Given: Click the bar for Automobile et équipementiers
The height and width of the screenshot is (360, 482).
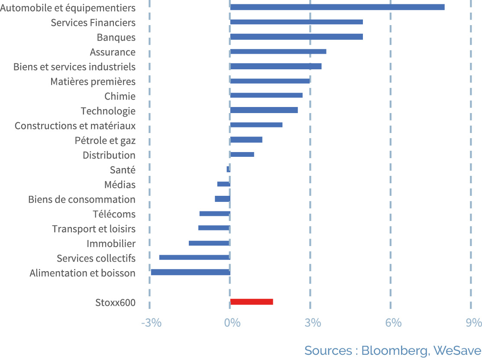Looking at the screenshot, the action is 337,7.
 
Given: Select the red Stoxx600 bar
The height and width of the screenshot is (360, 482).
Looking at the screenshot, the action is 252,302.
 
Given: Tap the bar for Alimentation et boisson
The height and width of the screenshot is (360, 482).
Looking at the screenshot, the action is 191,272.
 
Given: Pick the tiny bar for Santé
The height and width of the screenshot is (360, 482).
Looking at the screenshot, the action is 228,169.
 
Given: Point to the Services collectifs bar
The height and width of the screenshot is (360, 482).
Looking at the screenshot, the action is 194,257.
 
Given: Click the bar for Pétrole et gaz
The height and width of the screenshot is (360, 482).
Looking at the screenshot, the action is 246,139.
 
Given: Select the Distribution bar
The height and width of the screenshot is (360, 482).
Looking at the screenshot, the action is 242,154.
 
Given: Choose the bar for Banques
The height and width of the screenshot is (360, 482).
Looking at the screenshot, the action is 296,36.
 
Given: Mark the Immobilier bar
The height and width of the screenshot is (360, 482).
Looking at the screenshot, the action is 209,243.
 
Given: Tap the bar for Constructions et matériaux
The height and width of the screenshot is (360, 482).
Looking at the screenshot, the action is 256,125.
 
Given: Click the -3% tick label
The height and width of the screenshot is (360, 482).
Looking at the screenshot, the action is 151,323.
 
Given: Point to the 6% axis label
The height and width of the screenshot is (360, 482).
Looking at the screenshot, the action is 394,323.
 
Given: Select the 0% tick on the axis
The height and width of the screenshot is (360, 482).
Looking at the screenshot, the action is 233,323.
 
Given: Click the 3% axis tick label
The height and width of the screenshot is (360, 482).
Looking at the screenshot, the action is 313,323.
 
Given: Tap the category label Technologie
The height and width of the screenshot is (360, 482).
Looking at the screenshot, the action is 108,111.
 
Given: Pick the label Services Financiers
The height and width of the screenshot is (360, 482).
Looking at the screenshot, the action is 93,23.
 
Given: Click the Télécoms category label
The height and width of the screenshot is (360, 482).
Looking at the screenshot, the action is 114,214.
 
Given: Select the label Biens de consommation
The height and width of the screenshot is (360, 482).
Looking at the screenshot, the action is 82,199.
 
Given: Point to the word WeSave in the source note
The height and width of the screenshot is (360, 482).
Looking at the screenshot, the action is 457,350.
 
